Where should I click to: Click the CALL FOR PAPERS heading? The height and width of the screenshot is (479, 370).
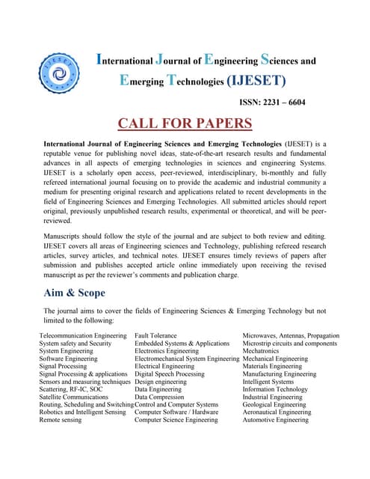[x=184, y=123]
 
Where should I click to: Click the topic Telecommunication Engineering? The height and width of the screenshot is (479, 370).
[x=83, y=336]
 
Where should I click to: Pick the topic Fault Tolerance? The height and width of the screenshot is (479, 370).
[x=155, y=336]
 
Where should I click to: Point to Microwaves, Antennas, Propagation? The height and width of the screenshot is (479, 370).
[x=291, y=336]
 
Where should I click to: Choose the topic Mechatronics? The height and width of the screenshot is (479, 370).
[x=260, y=351]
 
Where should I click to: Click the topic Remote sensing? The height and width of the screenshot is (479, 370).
[x=61, y=420]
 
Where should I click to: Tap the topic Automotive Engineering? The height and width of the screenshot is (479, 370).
[x=275, y=420]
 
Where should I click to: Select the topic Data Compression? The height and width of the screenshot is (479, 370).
[x=159, y=397]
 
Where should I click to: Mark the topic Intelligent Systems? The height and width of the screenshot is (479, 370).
[x=268, y=382]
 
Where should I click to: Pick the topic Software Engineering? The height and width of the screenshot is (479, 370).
[x=68, y=359]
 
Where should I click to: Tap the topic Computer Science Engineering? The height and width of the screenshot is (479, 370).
[x=176, y=420]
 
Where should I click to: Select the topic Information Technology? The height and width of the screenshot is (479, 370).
[x=275, y=389]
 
